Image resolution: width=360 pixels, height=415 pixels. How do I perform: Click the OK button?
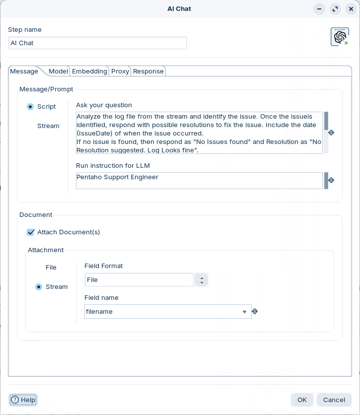pos(302,400)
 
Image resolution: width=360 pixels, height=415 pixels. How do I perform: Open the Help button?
pos(23,400)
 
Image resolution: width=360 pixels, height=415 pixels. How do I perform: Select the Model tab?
pos(58,71)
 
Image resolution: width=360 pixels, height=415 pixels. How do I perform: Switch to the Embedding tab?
pos(89,71)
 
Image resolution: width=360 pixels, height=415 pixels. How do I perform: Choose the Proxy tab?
pos(120,71)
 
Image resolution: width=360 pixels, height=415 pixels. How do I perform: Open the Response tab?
pos(148,71)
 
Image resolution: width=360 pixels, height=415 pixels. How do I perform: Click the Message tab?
pos(24,71)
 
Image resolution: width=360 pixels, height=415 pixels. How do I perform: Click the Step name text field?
pos(97,43)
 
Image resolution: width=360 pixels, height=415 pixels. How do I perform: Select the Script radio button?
pos(30,107)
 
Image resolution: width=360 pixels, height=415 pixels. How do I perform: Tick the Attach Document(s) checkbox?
pos(31,232)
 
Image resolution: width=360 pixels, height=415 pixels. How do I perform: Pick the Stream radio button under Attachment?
pos(39,287)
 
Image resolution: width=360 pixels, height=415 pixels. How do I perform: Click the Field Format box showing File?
pos(139,280)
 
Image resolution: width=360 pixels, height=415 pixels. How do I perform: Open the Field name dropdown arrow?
pos(244,312)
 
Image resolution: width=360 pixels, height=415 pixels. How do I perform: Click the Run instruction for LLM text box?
pos(199,181)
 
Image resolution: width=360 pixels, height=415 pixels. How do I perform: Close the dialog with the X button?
pos(351,9)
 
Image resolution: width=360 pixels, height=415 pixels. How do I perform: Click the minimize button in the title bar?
pos(319,9)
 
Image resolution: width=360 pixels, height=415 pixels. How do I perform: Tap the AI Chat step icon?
pos(340,37)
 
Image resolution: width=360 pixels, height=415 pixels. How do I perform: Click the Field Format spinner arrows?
pos(201,280)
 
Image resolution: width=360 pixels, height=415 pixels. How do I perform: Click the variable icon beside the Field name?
pos(255,311)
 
